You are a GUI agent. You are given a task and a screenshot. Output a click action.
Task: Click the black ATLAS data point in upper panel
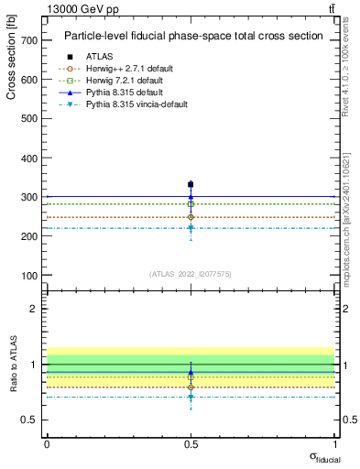point(191,184)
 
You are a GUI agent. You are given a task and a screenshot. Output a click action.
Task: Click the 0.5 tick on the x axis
point(191,444)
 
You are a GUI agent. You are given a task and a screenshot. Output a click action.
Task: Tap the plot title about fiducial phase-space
point(192,36)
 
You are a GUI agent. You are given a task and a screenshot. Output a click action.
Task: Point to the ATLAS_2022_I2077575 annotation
point(191,274)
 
